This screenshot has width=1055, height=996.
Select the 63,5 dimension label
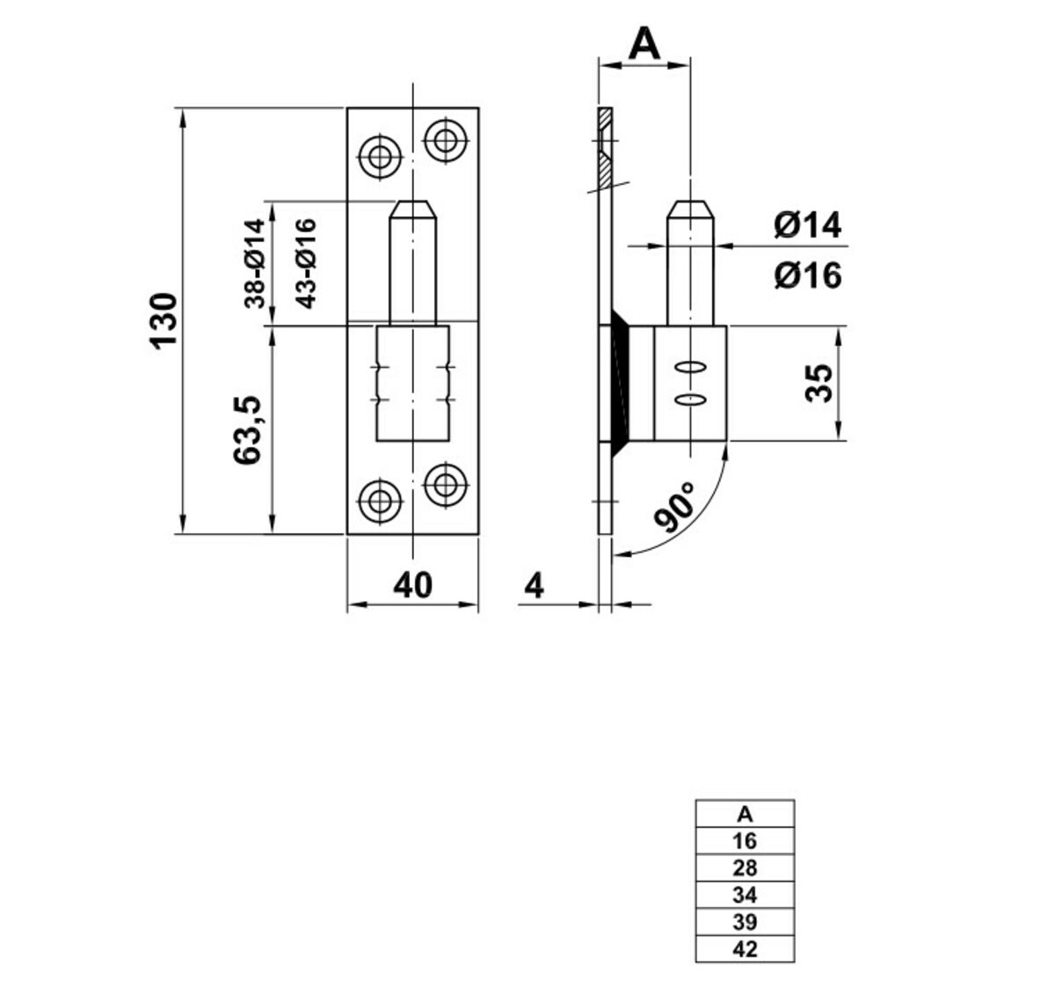click(x=249, y=430)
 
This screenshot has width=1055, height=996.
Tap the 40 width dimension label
click(x=412, y=585)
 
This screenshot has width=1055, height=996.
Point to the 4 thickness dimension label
click(x=534, y=585)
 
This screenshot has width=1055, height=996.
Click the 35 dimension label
click(x=819, y=383)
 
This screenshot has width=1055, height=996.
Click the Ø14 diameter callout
click(x=807, y=226)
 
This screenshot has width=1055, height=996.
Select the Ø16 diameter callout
click(x=807, y=275)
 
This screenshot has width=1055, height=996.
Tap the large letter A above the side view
click(x=644, y=43)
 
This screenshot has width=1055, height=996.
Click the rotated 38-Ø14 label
click(x=254, y=262)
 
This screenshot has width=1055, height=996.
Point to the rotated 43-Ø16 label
click(x=305, y=262)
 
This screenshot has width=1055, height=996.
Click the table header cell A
click(x=745, y=813)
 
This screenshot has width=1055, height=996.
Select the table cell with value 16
click(x=745, y=841)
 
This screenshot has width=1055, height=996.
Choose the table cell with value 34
click(x=745, y=896)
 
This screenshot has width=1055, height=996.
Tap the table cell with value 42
click(x=745, y=949)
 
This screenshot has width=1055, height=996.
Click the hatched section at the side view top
click(x=606, y=150)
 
